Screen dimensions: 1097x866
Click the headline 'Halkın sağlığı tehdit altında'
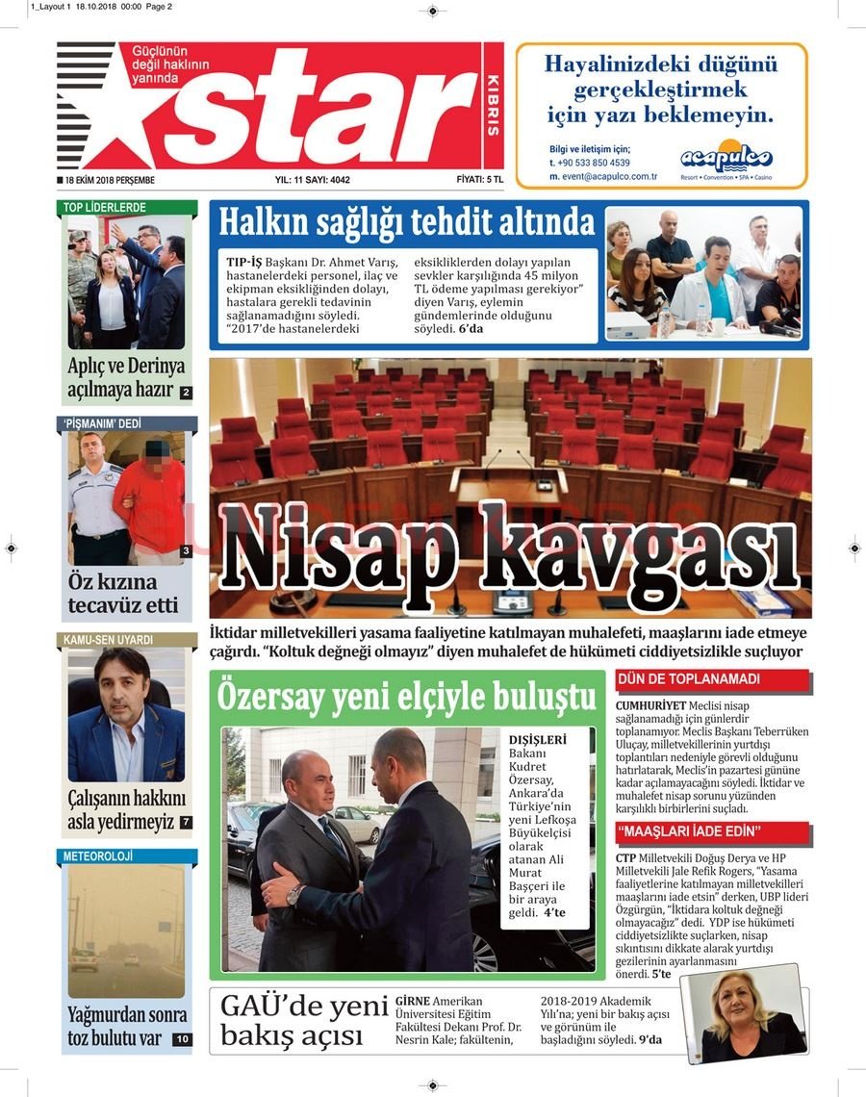pyautogui.click(x=407, y=223)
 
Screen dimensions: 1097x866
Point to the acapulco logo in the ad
pyautogui.click(x=726, y=156)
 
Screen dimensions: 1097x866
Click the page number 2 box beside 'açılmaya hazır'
pyautogui.click(x=186, y=393)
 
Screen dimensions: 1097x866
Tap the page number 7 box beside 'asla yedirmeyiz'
pyautogui.click(x=186, y=823)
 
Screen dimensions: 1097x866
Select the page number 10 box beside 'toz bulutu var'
pyautogui.click(x=183, y=1039)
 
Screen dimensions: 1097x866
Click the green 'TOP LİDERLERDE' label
pyautogui.click(x=106, y=207)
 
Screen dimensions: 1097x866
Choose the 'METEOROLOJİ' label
pyautogui.click(x=98, y=856)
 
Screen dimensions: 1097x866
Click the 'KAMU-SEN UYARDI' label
pyautogui.click(x=109, y=640)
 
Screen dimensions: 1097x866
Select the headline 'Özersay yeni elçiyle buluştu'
pyautogui.click(x=408, y=694)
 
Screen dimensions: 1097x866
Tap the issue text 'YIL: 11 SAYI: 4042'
pyautogui.click(x=313, y=180)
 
